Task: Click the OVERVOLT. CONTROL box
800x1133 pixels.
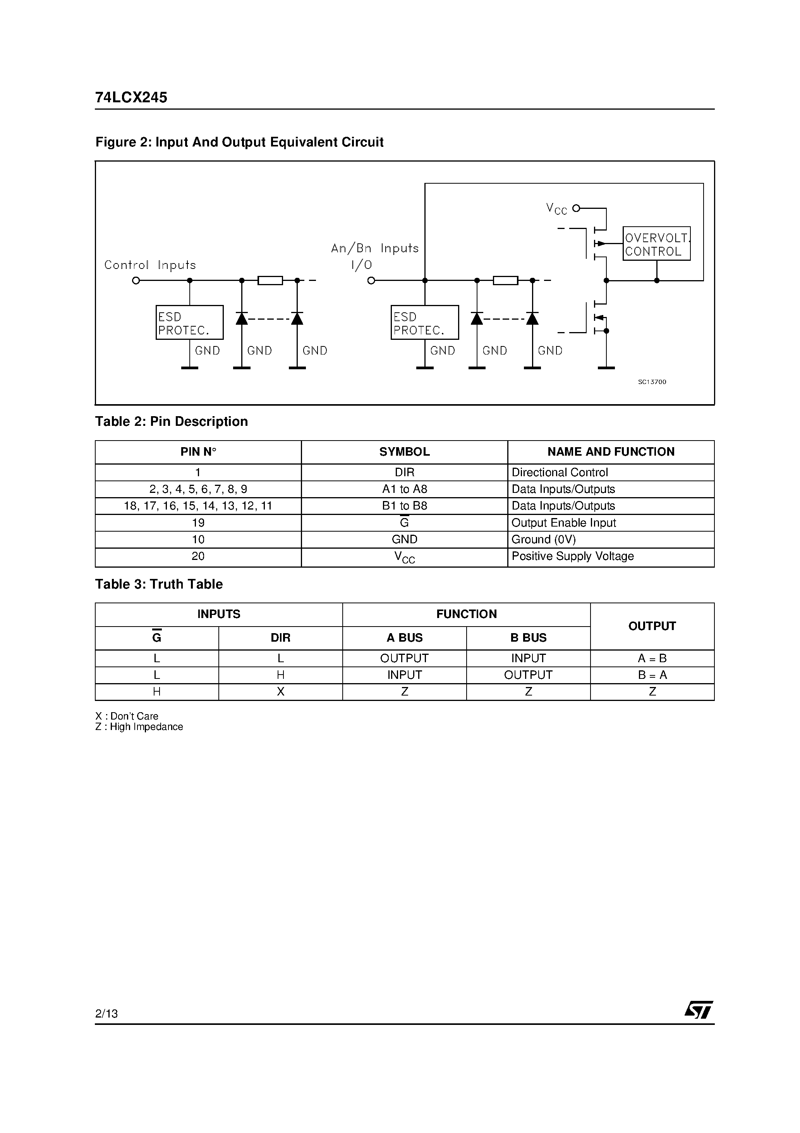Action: (656, 244)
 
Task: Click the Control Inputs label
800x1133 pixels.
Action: (150, 265)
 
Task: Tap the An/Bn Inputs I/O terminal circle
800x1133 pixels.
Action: (371, 281)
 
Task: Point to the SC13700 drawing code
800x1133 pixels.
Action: (652, 382)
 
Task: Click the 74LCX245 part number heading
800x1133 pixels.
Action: (131, 97)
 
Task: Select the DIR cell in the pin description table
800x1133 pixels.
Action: (404, 472)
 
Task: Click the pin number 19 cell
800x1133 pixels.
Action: (198, 523)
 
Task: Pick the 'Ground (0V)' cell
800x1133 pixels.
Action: (544, 539)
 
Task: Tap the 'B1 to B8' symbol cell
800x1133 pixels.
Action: (404, 506)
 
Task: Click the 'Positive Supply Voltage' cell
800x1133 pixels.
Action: (572, 556)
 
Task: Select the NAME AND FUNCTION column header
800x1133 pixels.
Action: (611, 451)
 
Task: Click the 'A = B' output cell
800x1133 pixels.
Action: (652, 658)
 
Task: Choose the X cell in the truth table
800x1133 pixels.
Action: (281, 692)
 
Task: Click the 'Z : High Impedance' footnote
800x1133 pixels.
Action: (139, 727)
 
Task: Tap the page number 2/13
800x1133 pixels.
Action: (106, 1014)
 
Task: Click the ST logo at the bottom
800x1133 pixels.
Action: (699, 1010)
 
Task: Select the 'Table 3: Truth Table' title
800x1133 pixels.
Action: (159, 584)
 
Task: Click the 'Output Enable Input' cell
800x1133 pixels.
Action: (563, 523)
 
